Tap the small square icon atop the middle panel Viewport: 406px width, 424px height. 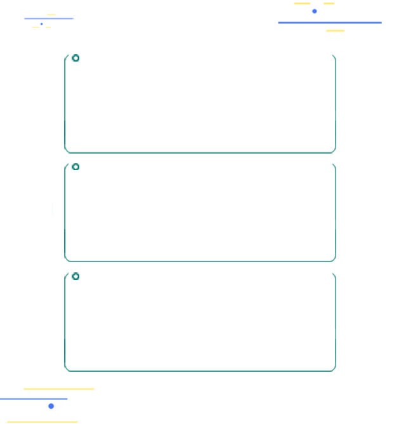75,167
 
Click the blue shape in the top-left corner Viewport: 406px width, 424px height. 49,20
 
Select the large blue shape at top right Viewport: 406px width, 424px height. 330,17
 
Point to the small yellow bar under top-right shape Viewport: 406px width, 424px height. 336,30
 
